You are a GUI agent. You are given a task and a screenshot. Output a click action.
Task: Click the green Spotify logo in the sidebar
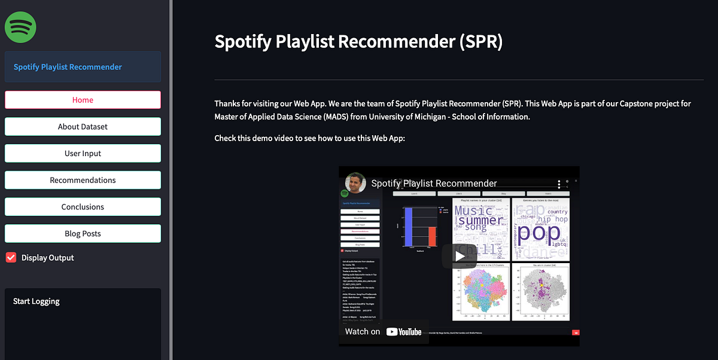(x=20, y=27)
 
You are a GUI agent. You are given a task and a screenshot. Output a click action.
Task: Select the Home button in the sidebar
(x=83, y=100)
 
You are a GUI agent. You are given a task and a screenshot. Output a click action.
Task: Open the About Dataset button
(x=83, y=127)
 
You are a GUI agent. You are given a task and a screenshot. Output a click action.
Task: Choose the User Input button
(x=83, y=154)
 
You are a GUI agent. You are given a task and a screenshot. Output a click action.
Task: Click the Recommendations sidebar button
(x=83, y=180)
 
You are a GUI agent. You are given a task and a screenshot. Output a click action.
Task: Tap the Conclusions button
(x=83, y=207)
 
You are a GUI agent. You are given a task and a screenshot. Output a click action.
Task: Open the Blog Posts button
(x=83, y=234)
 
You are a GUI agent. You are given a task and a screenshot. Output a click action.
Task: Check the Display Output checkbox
(x=11, y=258)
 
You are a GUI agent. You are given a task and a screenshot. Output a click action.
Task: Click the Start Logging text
(x=36, y=301)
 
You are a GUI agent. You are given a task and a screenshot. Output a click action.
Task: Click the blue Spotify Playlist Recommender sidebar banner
(x=83, y=67)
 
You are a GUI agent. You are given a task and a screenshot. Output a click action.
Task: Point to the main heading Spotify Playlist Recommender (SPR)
(x=358, y=42)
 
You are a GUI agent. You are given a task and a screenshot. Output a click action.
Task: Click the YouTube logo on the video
(x=404, y=332)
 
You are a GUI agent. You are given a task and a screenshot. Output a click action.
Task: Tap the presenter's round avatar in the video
(x=355, y=183)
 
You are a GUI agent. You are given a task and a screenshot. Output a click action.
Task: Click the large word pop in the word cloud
(x=539, y=231)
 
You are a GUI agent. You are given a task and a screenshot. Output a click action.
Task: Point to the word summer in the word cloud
(x=480, y=219)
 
